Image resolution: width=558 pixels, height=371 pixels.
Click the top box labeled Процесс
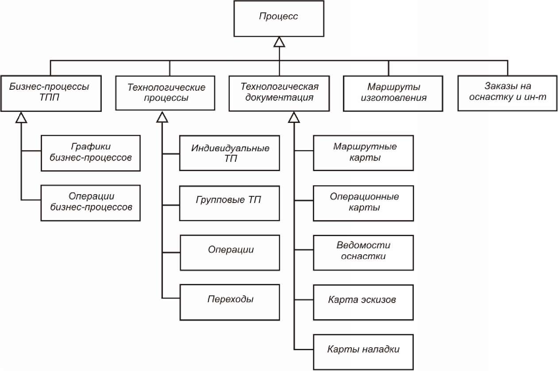tap(279, 19)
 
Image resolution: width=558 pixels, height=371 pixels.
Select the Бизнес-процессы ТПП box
tap(51, 93)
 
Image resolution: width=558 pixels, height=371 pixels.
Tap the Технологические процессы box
tap(165, 93)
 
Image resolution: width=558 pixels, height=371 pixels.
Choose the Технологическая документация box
tap(279, 93)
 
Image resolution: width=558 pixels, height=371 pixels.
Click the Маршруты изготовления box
tap(393, 93)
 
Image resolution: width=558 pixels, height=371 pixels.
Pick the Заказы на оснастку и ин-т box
tap(508, 93)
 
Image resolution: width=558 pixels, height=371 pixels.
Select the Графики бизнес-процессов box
tap(91, 153)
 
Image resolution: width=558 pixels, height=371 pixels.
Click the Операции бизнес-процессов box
tap(91, 203)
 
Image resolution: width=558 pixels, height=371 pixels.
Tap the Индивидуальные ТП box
tap(229, 153)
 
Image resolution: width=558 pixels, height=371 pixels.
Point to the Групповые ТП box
tap(229, 203)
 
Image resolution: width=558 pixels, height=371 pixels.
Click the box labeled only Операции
tap(230, 253)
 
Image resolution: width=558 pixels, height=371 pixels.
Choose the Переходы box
tap(230, 302)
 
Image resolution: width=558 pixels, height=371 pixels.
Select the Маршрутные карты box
tap(363, 153)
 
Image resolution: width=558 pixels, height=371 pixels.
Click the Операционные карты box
tap(363, 203)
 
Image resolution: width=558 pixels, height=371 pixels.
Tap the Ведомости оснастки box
tap(363, 253)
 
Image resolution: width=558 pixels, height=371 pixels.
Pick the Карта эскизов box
tap(363, 302)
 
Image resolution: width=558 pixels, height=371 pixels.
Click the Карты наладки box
tap(363, 352)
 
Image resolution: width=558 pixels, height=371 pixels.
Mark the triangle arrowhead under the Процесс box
tap(279, 42)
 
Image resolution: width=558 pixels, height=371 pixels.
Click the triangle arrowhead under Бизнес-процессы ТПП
tap(21, 118)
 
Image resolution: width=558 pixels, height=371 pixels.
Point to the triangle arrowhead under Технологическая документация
tap(294, 118)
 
